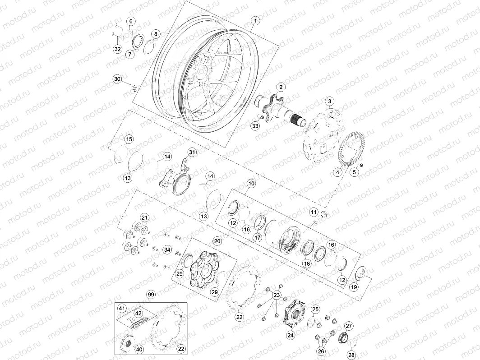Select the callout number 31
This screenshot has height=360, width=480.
(x=193, y=152)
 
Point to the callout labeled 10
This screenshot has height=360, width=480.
(x=251, y=184)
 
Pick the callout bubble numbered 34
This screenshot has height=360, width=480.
(x=167, y=249)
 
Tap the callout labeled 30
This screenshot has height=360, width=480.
(x=117, y=79)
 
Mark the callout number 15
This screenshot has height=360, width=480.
(x=129, y=139)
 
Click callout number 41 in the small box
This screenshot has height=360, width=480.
(x=122, y=309)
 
